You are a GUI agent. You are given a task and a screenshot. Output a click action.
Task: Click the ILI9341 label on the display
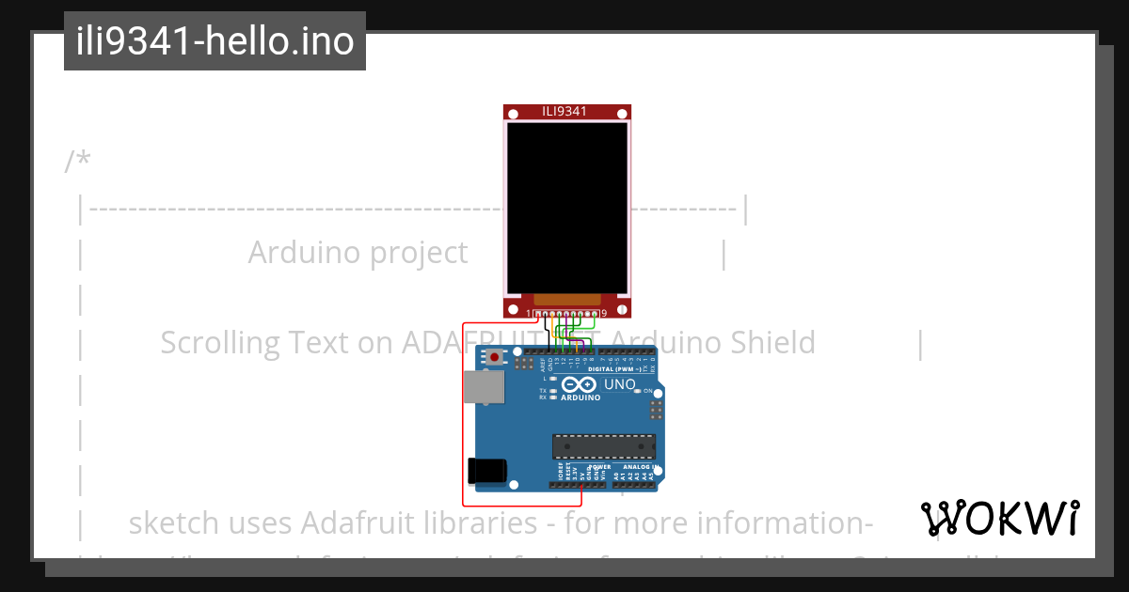click(x=564, y=112)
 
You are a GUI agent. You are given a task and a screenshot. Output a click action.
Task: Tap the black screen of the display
click(x=566, y=207)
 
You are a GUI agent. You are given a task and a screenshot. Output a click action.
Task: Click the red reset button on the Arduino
click(x=493, y=357)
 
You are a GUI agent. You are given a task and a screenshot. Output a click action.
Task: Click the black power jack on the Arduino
click(x=488, y=470)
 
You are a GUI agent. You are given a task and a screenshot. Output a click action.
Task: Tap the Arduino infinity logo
click(x=580, y=384)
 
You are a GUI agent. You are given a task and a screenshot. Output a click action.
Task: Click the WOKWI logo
click(x=999, y=518)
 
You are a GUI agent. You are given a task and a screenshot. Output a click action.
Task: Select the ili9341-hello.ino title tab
click(x=215, y=41)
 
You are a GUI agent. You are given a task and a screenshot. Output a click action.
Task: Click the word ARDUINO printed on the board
click(x=580, y=397)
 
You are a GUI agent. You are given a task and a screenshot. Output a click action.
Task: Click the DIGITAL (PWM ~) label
click(x=614, y=369)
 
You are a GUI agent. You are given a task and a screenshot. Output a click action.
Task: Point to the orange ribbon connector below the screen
click(x=567, y=298)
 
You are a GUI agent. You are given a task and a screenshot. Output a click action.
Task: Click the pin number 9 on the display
click(x=603, y=313)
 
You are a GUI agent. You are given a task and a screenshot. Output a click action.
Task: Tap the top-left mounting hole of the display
click(x=513, y=114)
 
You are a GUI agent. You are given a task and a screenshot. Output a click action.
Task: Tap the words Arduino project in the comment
click(x=358, y=253)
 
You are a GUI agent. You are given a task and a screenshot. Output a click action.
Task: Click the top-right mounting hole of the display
click(x=620, y=114)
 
